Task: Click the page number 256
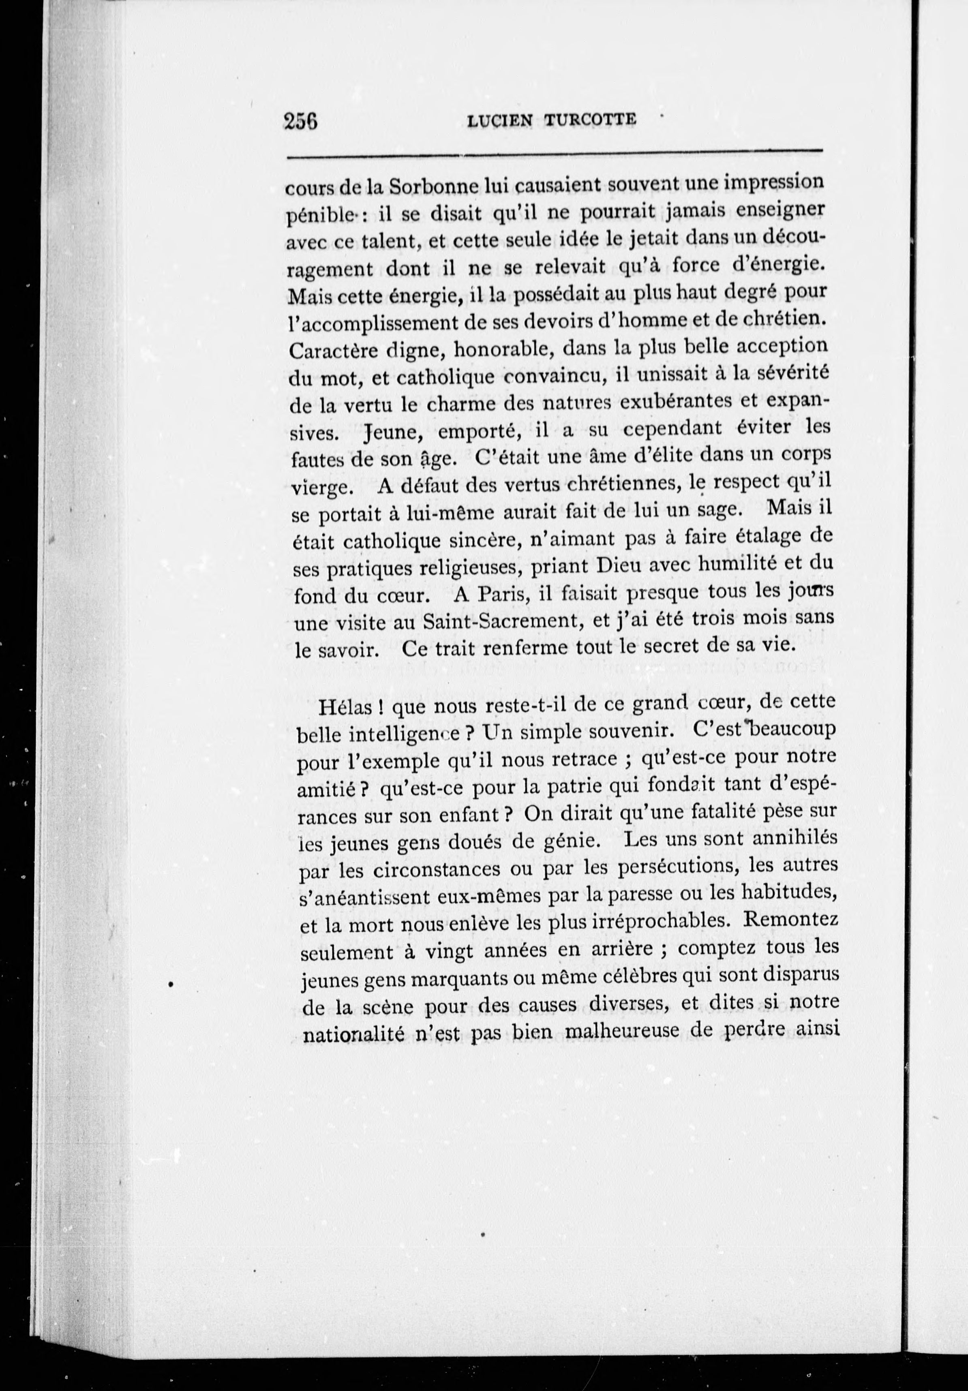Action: pyautogui.click(x=301, y=120)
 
